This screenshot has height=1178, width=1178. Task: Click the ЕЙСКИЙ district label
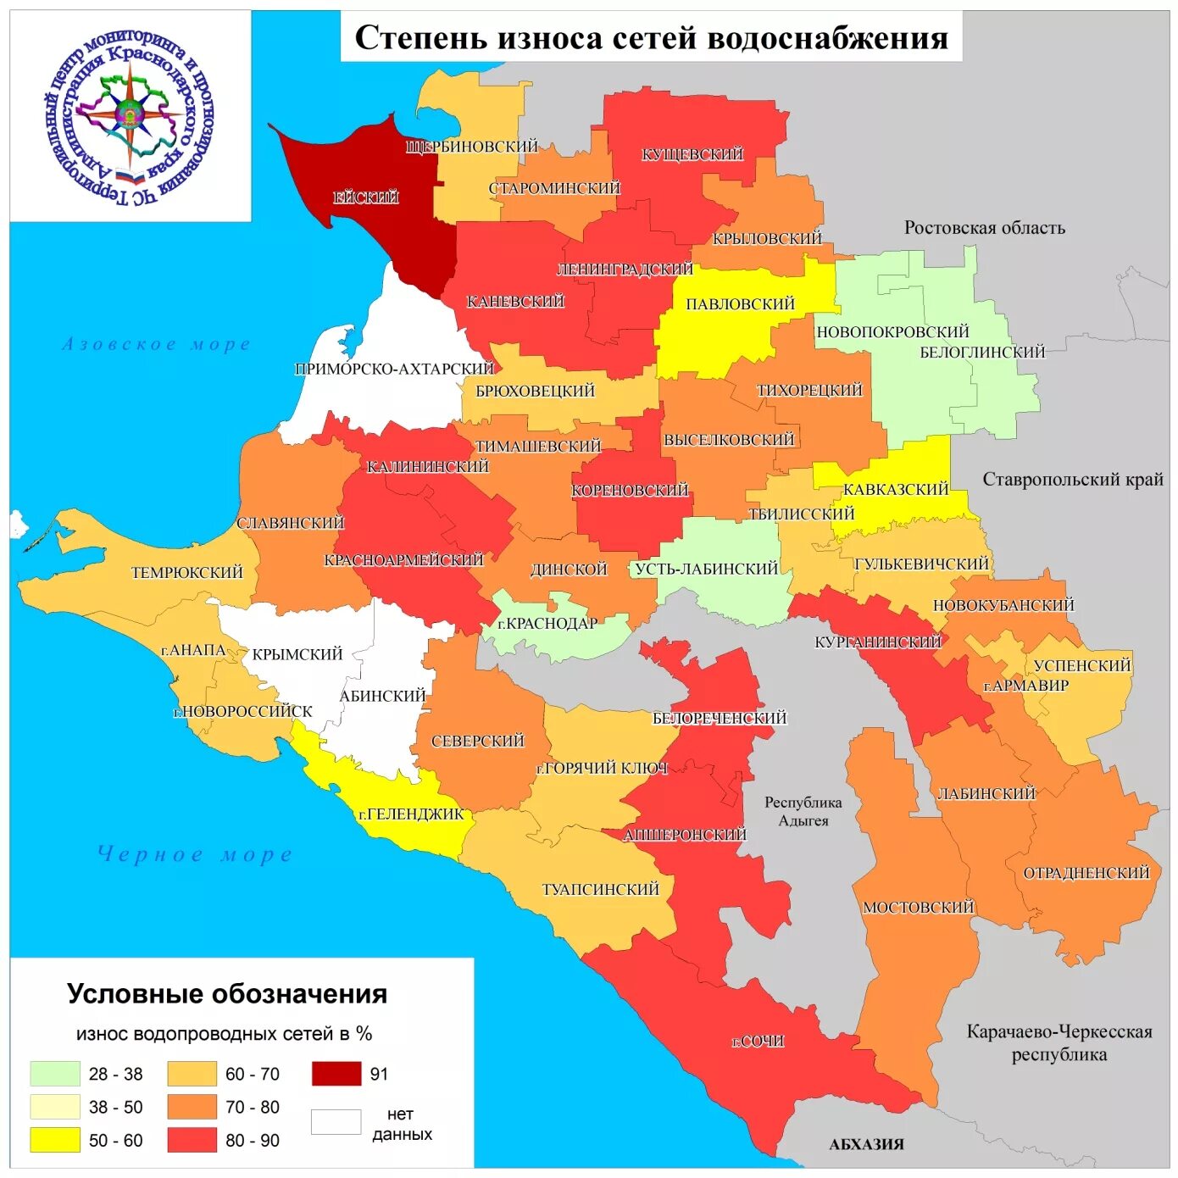(x=366, y=197)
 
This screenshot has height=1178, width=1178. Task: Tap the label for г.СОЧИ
(x=758, y=1041)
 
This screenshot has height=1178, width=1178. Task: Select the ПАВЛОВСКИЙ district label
(x=740, y=304)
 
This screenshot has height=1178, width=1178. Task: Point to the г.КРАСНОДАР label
(x=547, y=624)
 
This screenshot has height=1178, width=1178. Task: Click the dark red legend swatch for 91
(x=336, y=1074)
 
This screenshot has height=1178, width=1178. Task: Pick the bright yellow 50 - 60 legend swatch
(x=55, y=1140)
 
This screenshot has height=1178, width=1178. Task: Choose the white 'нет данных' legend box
(x=336, y=1122)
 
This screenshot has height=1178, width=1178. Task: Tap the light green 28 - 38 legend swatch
(x=55, y=1074)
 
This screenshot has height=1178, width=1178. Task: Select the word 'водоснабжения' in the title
(x=827, y=38)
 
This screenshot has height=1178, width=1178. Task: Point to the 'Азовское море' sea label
(x=157, y=344)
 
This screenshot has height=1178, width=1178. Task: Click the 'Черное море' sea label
(x=195, y=854)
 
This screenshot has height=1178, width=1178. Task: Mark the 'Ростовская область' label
(x=984, y=228)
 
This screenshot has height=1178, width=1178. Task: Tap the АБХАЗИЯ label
(x=866, y=1144)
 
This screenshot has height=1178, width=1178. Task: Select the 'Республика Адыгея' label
(x=803, y=811)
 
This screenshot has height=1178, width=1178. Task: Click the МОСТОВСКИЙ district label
(x=919, y=908)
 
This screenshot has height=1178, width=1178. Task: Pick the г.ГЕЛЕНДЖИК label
(x=412, y=814)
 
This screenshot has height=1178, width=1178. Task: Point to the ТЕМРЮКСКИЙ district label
(x=186, y=573)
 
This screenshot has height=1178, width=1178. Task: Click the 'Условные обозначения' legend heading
(x=227, y=994)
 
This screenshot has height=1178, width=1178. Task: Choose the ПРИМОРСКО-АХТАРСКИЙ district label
(x=394, y=370)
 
